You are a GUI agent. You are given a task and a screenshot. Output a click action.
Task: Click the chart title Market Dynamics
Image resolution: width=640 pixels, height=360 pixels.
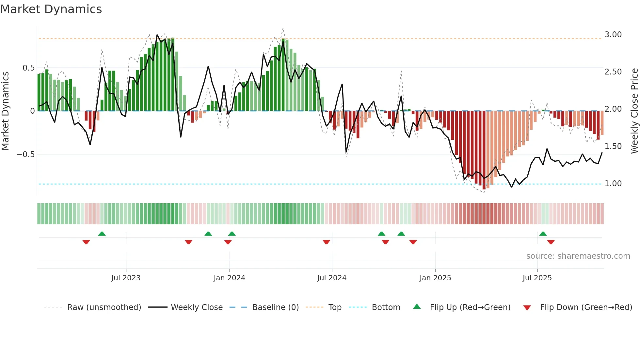click(51, 9)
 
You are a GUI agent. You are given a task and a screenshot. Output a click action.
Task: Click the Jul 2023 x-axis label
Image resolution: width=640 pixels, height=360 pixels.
click(126, 278)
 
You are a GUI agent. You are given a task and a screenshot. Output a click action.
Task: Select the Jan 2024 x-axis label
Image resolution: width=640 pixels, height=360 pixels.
click(229, 278)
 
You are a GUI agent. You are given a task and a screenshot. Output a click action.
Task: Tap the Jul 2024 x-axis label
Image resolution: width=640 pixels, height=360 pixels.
click(332, 278)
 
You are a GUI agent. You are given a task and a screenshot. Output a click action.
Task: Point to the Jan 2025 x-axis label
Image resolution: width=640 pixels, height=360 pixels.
click(435, 278)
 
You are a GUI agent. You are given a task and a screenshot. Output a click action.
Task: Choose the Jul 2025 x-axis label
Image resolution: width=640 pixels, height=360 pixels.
click(537, 278)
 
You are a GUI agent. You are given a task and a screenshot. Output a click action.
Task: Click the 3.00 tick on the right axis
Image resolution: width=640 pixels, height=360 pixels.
click(613, 35)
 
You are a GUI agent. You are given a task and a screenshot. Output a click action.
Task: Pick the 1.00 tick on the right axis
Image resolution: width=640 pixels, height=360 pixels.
click(613, 184)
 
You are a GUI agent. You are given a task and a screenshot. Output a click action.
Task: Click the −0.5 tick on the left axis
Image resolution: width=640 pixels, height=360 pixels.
click(26, 155)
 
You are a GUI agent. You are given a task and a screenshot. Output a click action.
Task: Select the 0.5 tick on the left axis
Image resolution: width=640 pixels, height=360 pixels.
click(28, 68)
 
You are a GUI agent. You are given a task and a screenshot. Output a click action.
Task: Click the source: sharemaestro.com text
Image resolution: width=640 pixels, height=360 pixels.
click(578, 256)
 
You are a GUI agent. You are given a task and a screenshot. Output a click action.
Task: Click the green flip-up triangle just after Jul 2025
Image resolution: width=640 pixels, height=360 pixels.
click(543, 234)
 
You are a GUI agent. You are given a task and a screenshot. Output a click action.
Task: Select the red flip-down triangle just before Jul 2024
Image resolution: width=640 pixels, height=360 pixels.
click(326, 242)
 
